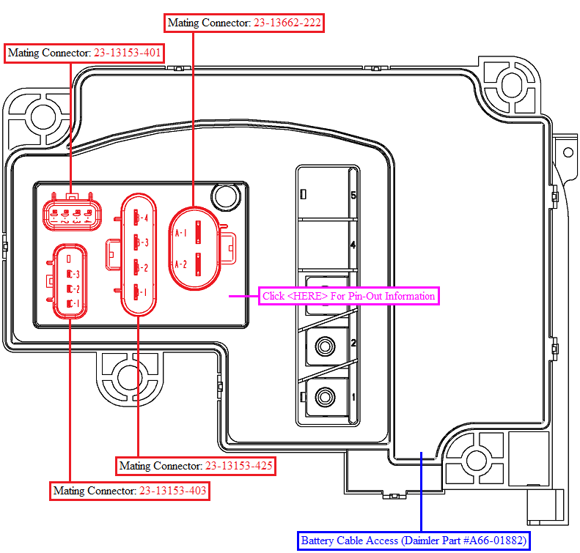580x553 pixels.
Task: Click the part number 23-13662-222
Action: (x=287, y=23)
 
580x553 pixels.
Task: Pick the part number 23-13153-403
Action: (x=173, y=491)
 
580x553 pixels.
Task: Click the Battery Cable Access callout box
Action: (x=414, y=541)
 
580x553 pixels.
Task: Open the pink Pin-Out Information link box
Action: (x=348, y=296)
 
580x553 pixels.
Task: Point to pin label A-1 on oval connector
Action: (x=181, y=233)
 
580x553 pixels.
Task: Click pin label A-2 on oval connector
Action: (x=181, y=264)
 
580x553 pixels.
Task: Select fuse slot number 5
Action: (x=353, y=196)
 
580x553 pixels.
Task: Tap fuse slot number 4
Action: (x=353, y=245)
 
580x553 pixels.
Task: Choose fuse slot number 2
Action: (x=353, y=344)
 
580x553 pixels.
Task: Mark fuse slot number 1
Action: (x=353, y=397)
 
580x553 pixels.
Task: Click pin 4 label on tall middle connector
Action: (x=144, y=218)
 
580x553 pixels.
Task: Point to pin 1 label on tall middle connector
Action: (x=144, y=292)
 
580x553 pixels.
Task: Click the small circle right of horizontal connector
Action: (x=224, y=196)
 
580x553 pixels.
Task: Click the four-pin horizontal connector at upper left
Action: (x=72, y=215)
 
